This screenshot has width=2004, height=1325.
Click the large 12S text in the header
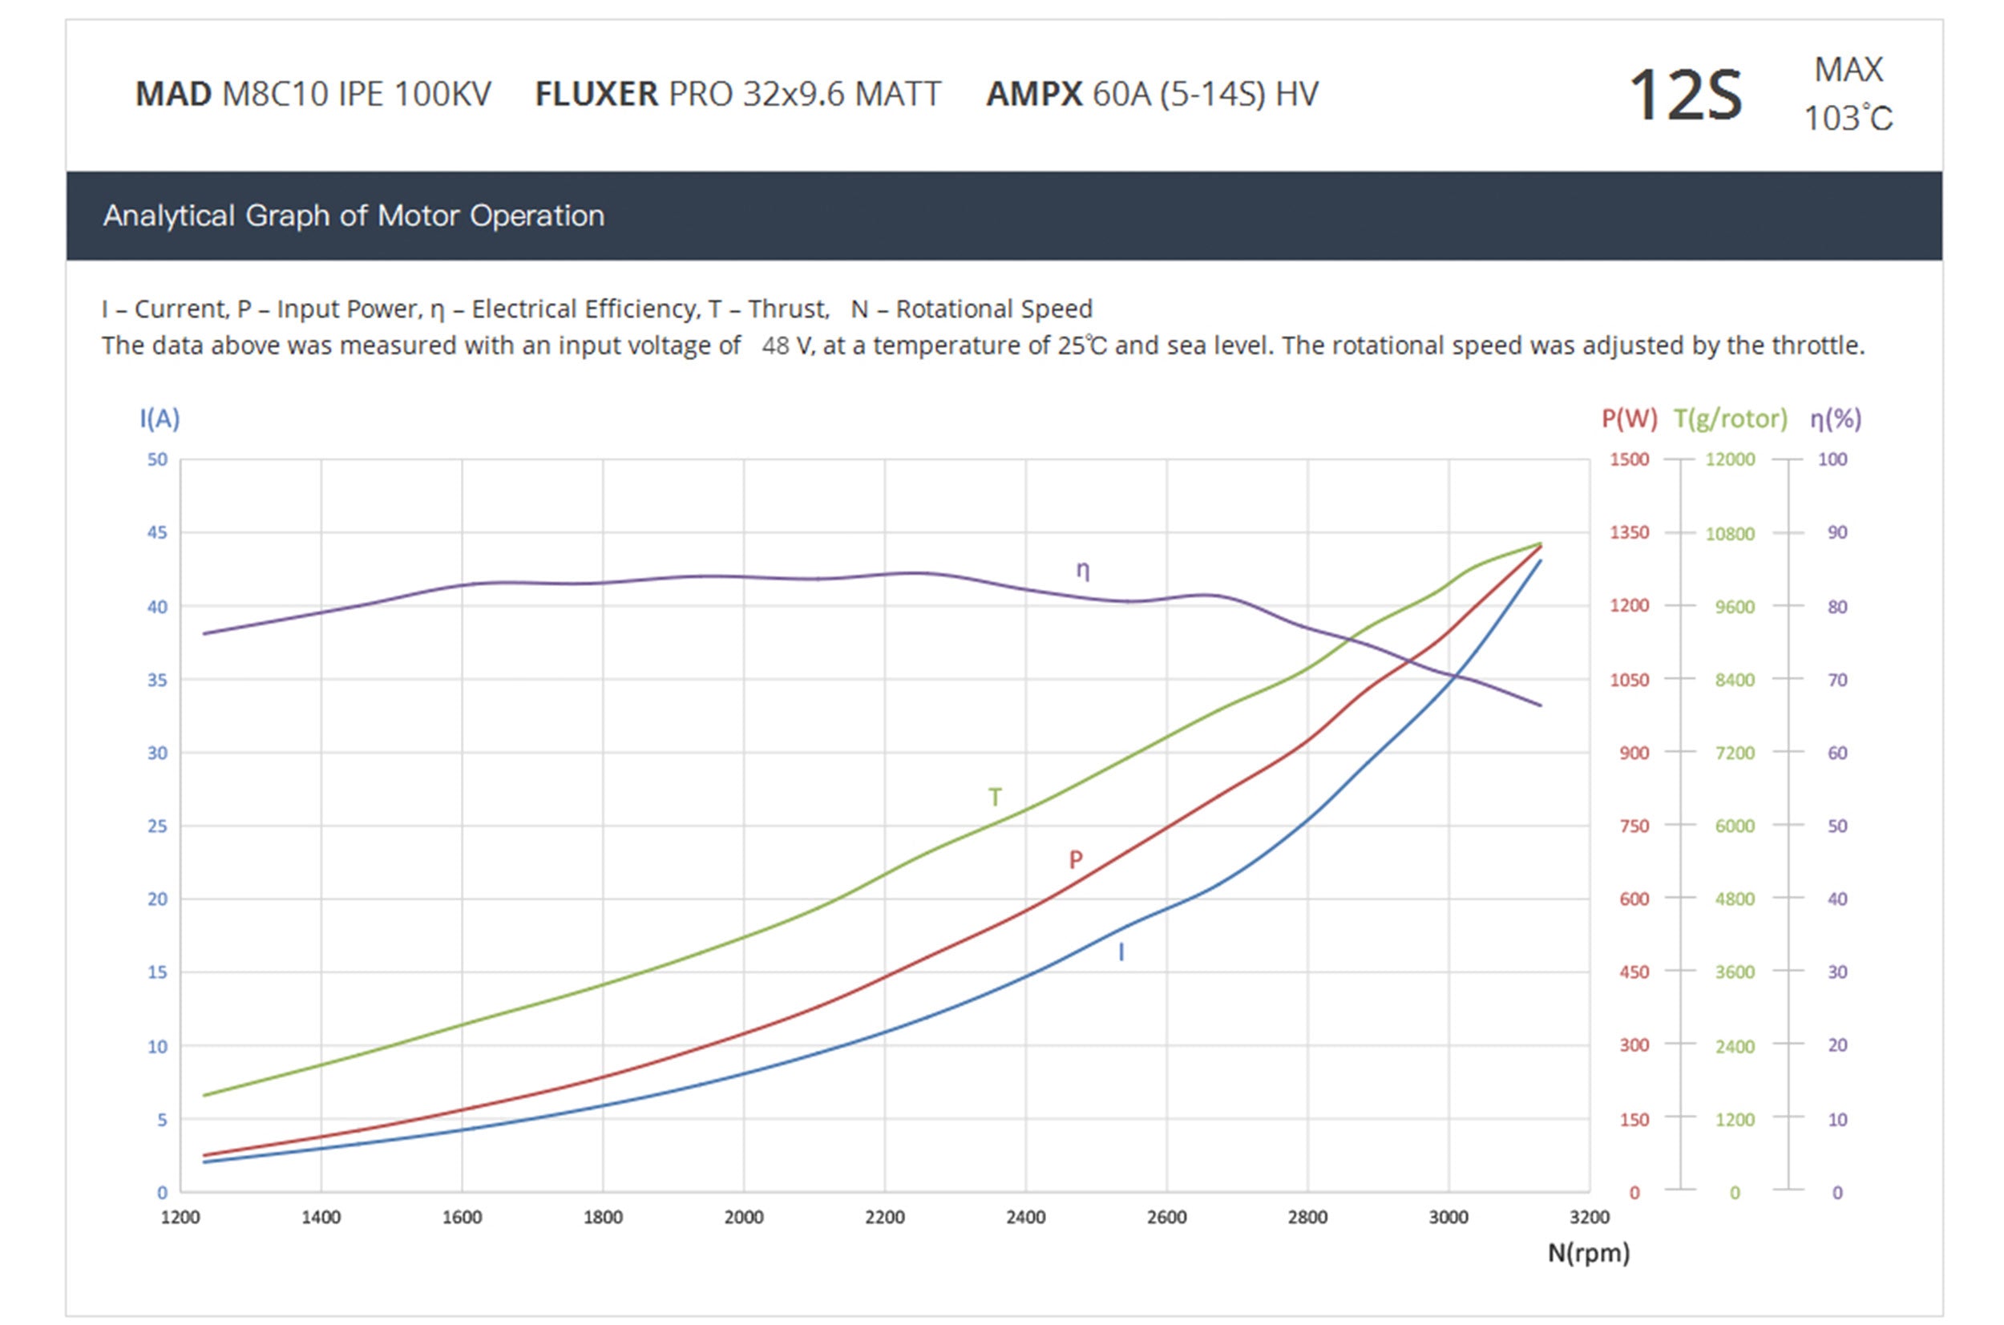[x=1684, y=95]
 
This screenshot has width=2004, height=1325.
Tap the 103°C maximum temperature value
[x=1848, y=119]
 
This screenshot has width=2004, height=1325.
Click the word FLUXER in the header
[x=596, y=94]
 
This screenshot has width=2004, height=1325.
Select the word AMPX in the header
[x=1033, y=94]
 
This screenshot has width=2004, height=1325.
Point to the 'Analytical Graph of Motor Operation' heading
[x=354, y=216]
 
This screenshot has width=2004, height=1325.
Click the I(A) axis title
[x=160, y=418]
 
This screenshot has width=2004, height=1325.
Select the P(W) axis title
[x=1629, y=418]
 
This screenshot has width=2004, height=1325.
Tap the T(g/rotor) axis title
[x=1731, y=418]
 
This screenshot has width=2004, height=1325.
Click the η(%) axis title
[x=1835, y=418]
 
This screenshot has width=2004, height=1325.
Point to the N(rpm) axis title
[x=1587, y=1252]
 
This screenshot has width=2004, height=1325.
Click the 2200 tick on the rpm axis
[x=884, y=1217]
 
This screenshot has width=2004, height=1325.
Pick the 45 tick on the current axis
[x=157, y=532]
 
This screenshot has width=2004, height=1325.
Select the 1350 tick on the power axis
[x=1629, y=532]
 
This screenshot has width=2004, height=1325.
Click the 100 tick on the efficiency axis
[x=1832, y=459]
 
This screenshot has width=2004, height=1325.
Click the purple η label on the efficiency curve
[x=1082, y=571]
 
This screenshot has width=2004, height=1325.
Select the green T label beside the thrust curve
[x=996, y=797]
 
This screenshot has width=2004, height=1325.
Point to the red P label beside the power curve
[x=1076, y=860]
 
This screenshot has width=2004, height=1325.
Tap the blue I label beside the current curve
[x=1121, y=952]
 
